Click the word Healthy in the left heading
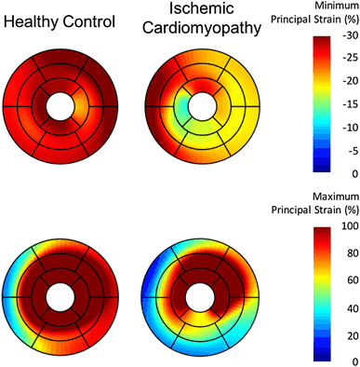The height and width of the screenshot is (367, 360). tap(32, 20)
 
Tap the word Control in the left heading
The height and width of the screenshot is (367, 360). tap(90, 20)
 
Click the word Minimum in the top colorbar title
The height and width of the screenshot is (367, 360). tap(318, 6)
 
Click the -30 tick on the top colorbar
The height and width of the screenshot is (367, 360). tap(346, 36)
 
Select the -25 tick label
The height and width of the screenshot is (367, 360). tap(346, 59)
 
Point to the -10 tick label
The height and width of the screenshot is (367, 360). tap(346, 128)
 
